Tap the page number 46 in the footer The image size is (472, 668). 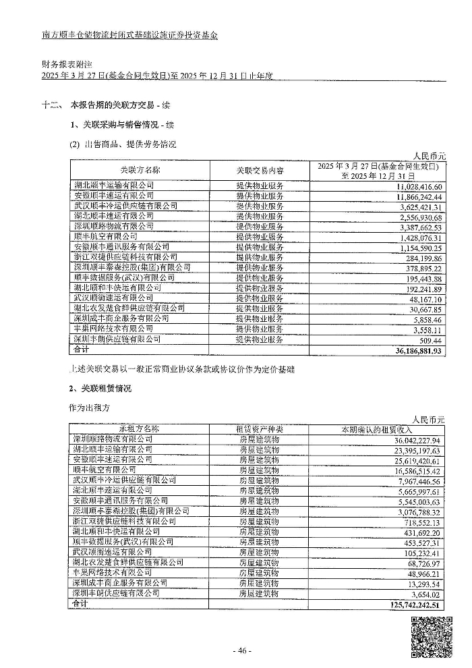241,651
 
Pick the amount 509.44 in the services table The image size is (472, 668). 429,340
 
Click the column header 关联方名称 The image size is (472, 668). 140,169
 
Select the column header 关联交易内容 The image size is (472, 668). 260,169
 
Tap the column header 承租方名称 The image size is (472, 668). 139,428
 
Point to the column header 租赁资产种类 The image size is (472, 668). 259,428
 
